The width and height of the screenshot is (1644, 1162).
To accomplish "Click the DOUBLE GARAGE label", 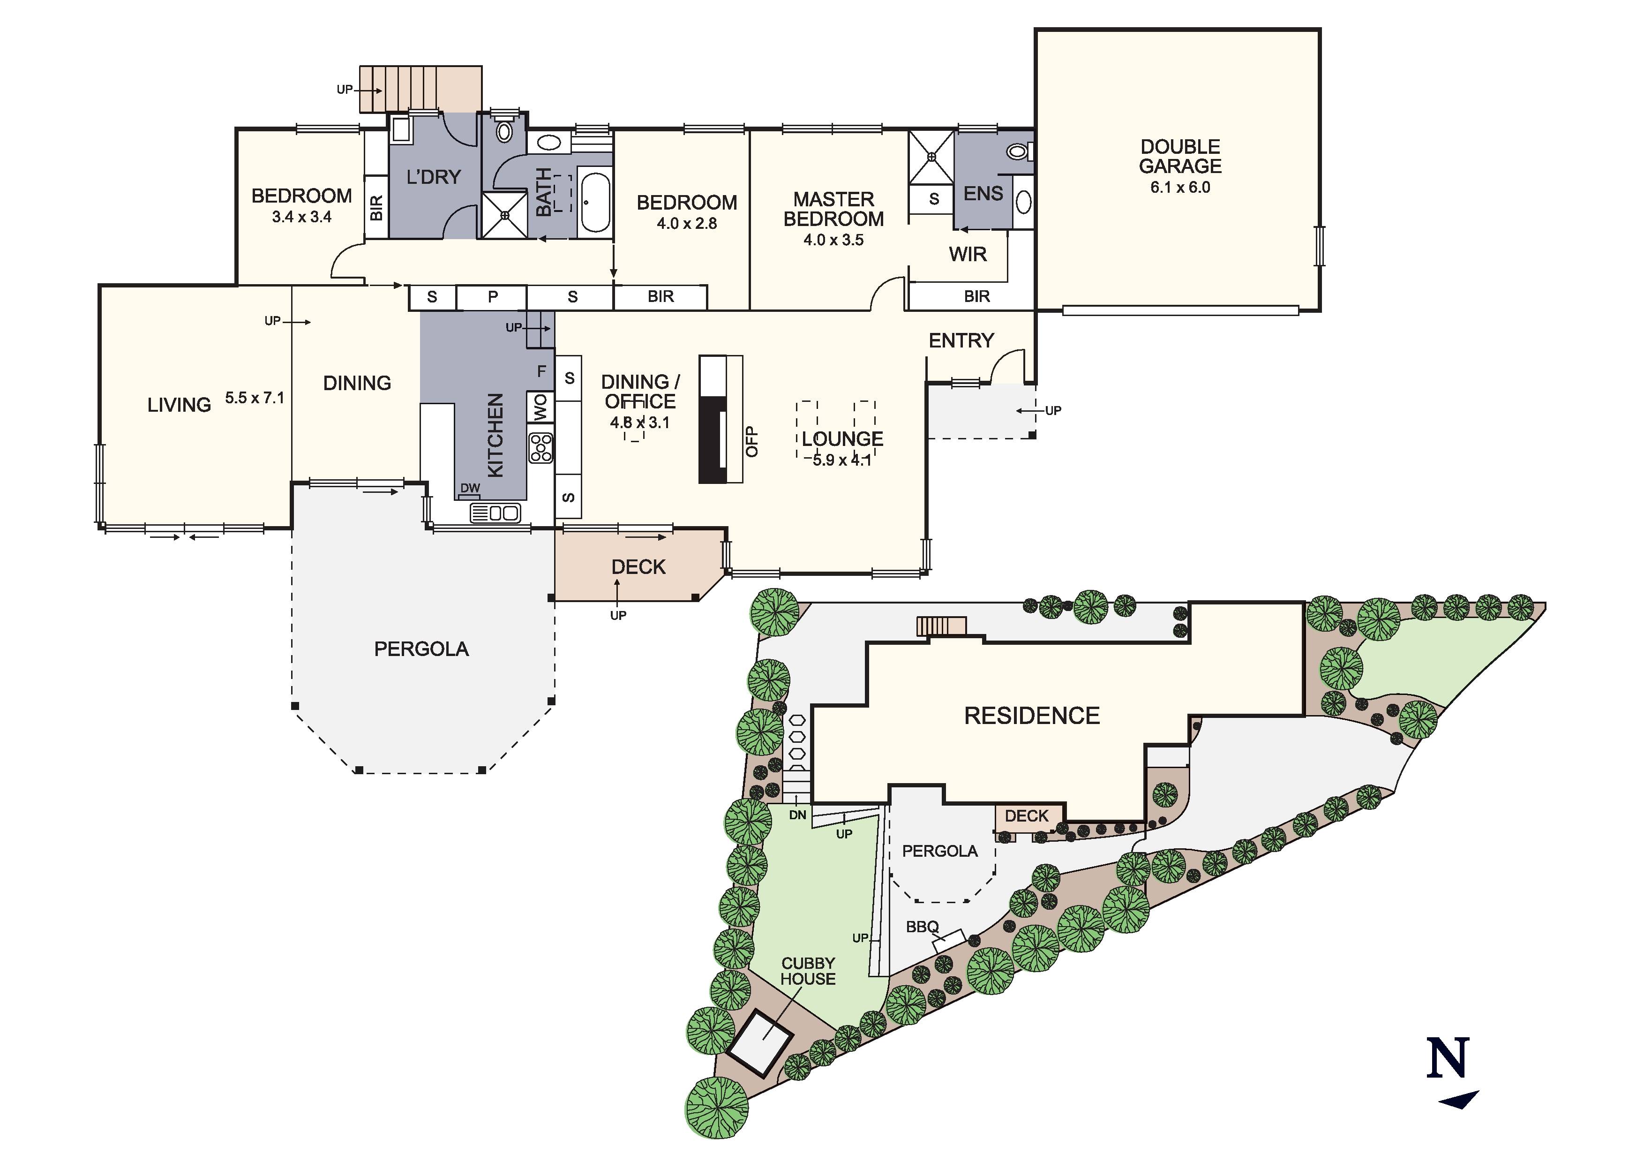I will coord(1180,156).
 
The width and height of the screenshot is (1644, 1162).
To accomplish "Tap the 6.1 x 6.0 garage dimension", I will coord(1180,188).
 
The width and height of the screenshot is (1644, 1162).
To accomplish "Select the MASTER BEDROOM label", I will coord(833,209).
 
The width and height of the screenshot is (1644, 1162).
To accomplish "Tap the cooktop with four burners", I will coord(540,448).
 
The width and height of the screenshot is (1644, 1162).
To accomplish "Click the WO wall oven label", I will coord(540,407).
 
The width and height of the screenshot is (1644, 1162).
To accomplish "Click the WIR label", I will coord(968,254).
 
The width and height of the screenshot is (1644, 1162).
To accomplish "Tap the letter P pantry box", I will coord(493,296).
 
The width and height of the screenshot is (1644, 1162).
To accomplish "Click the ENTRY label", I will coord(961,340).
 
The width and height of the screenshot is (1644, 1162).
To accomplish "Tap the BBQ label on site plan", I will coord(922,927).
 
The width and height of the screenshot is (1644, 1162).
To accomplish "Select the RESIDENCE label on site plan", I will coord(1031,716).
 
